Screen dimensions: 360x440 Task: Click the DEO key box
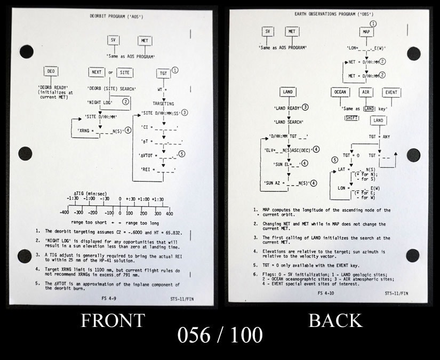[52, 71]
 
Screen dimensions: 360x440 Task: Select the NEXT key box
[97, 73]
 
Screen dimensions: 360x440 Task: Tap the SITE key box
[125, 73]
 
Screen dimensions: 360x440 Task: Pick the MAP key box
[366, 32]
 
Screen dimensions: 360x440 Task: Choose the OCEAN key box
[340, 92]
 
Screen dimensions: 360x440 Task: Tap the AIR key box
[366, 92]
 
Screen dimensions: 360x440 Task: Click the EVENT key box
[391, 92]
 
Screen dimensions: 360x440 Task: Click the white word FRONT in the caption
[113, 321]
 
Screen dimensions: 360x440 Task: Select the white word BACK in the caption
[335, 320]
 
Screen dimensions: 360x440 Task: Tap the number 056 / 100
[220, 334]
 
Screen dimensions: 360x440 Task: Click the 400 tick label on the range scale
[169, 213]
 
